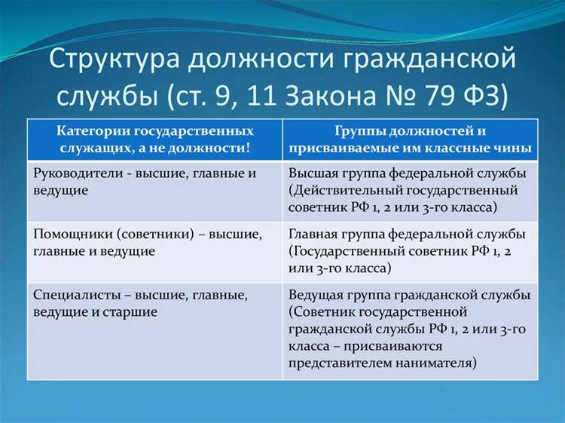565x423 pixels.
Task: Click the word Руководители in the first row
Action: pos(75,173)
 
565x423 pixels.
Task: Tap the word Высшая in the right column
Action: pos(313,173)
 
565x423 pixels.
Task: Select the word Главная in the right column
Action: pos(313,234)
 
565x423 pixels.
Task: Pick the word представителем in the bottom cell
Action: pos(336,363)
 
